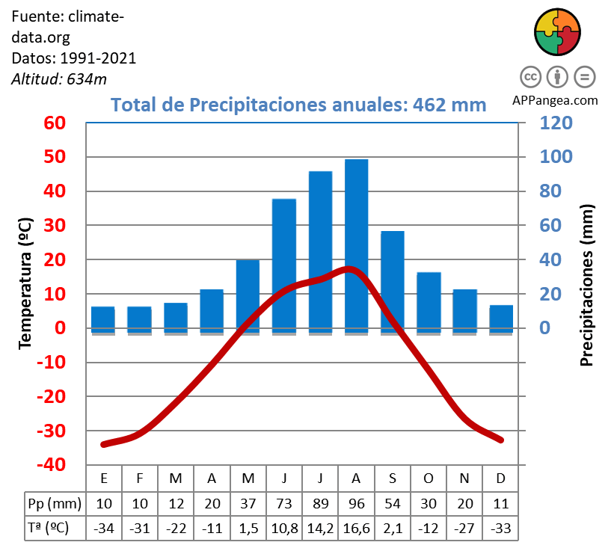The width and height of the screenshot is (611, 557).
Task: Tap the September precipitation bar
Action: tap(392, 281)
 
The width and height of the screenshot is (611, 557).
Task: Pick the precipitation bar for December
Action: tap(501, 318)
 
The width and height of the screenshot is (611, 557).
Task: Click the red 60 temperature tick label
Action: tap(55, 123)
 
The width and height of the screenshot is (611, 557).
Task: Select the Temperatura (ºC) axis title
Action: tap(25, 283)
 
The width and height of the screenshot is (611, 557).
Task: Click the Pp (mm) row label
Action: tap(54, 502)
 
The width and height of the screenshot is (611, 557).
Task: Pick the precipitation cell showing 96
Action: tap(356, 502)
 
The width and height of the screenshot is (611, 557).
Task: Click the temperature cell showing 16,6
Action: tap(356, 528)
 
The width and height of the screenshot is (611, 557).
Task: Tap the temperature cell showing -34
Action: tap(103, 528)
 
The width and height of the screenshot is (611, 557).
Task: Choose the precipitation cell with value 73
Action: tap(284, 502)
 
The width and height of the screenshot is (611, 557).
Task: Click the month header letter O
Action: tap(429, 478)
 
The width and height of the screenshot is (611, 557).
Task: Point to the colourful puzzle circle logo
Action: tap(557, 33)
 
